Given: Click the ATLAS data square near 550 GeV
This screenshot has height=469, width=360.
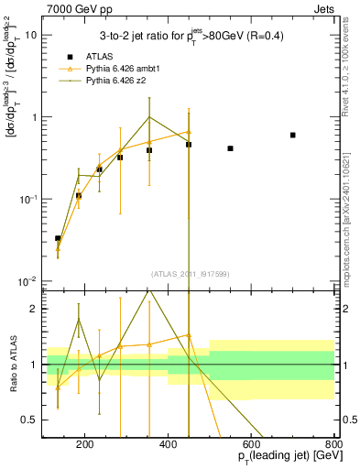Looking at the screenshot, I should pos(230,148).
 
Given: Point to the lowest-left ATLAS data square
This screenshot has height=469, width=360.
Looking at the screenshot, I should pos(58,238).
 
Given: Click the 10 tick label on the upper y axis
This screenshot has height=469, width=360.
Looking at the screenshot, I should pos(31,36).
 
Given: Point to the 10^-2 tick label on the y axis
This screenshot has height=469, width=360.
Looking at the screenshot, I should pos(27,281).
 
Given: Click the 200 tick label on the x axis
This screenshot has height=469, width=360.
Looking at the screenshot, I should pos(85,444).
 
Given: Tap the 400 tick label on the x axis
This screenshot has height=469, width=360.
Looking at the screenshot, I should pos(169,444).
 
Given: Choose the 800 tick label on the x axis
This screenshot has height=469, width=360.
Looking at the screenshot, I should pos(333,444).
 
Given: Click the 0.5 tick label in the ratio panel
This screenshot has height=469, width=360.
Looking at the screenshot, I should pos(30,420).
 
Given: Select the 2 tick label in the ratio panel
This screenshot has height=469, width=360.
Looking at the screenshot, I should pos(34,310).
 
